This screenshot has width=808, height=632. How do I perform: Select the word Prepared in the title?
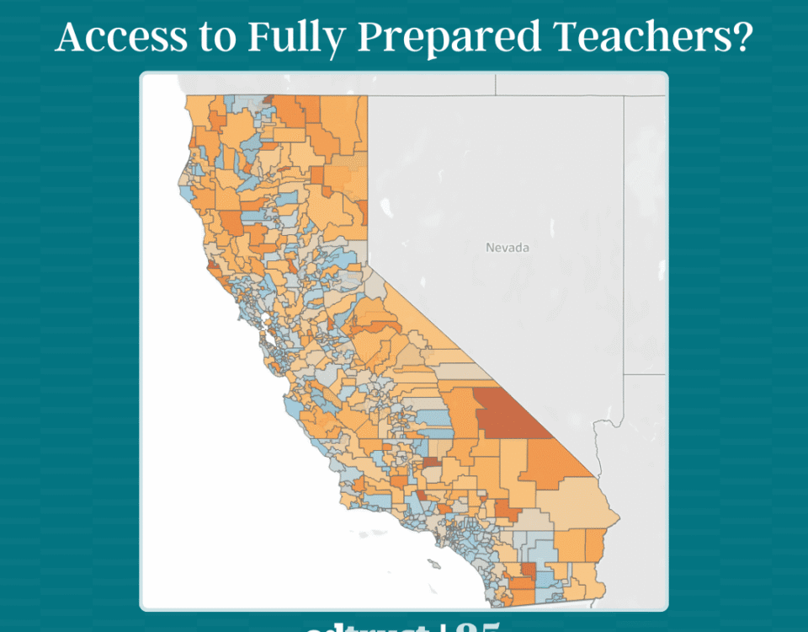tap(421, 39)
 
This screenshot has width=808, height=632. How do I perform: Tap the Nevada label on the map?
tap(508, 248)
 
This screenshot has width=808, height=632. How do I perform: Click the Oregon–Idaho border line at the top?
tap(496, 84)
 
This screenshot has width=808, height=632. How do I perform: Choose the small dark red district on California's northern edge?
tap(268, 99)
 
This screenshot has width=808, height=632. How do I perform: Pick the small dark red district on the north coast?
tap(213, 270)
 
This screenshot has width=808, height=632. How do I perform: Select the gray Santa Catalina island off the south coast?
tap(433, 564)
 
